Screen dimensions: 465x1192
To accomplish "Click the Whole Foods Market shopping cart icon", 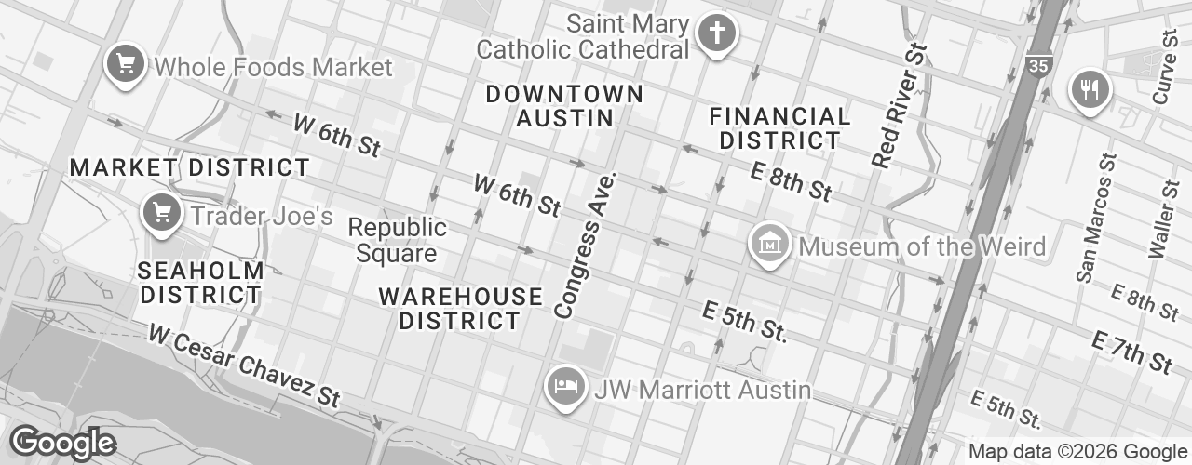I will pyautogui.click(x=123, y=65).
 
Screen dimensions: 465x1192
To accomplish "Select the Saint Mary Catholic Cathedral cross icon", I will pyautogui.click(x=718, y=34).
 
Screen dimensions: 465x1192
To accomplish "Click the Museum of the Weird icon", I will pyautogui.click(x=770, y=245).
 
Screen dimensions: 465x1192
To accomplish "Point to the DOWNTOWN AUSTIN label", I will pyautogui.click(x=564, y=106).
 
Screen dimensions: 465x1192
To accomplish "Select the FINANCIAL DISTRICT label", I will pyautogui.click(x=780, y=128).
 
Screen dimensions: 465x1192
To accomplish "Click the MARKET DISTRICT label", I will pyautogui.click(x=190, y=168).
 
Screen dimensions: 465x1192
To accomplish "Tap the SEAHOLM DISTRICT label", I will pyautogui.click(x=200, y=283).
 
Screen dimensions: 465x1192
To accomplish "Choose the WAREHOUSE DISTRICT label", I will pyautogui.click(x=460, y=309).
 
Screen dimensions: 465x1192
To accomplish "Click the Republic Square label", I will pyautogui.click(x=397, y=240).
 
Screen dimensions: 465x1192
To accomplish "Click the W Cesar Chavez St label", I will pyautogui.click(x=244, y=364).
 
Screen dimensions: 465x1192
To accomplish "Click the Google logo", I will pyautogui.click(x=62, y=443).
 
